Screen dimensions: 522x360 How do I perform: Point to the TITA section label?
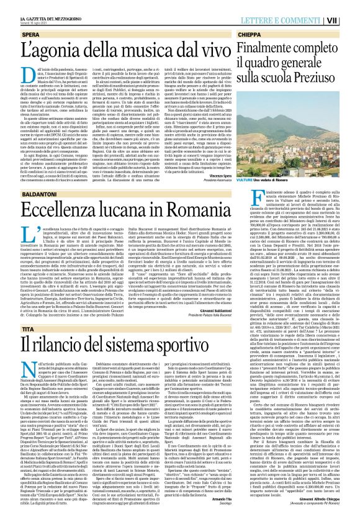pyautogui.click(x=17, y=328)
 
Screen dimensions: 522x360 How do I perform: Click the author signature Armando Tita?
pyautogui.click(x=212, y=508)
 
